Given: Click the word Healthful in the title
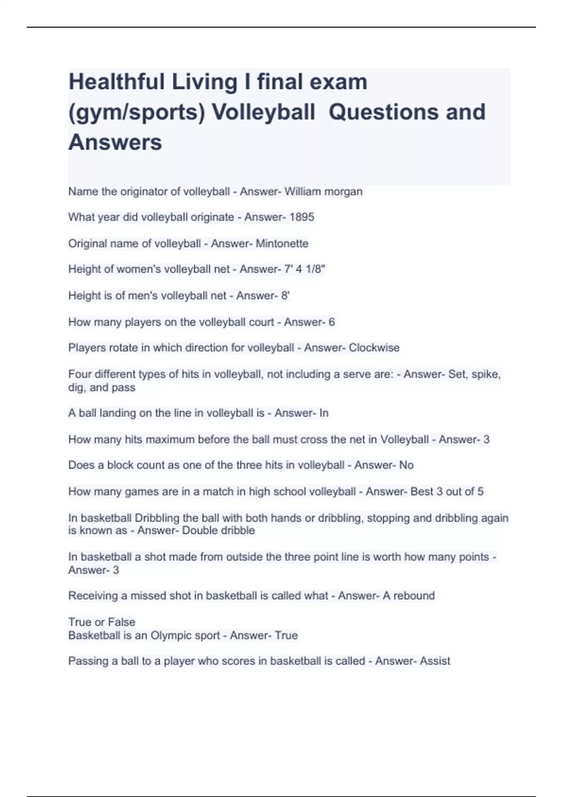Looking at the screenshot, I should coord(115,82).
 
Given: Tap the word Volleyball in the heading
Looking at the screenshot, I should coord(263,112).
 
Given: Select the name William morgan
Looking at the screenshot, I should coord(323,191).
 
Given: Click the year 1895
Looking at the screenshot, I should coord(302,217).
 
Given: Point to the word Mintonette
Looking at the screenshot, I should coord(282,243).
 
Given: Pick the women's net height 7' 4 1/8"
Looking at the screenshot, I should coord(304,269).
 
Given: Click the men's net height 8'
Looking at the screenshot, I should coord(285,295).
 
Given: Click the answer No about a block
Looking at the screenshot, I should coord(406,465).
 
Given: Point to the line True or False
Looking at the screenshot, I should coord(102,622).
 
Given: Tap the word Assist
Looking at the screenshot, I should coord(435,661).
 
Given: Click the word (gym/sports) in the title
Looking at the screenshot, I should coord(137,112).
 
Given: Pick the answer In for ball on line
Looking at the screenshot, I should coord(324,413).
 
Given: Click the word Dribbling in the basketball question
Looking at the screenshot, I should coord(157,518).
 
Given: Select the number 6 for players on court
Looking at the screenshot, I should coord(332,322).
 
